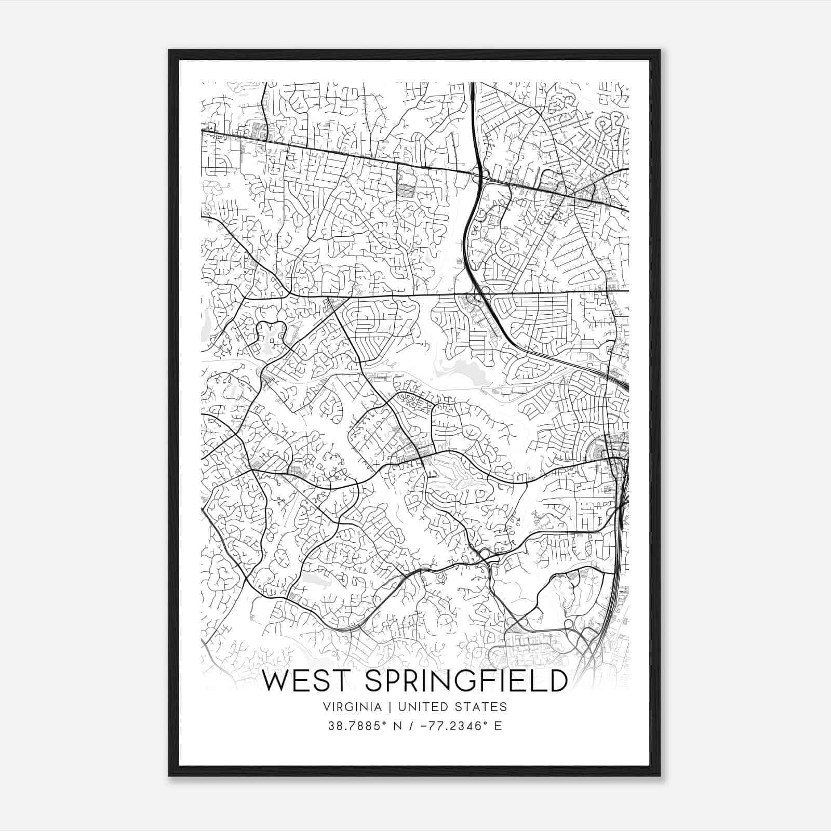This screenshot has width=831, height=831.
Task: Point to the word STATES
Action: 484,707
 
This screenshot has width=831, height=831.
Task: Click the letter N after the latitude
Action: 399,726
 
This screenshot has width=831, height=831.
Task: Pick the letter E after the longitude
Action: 498,726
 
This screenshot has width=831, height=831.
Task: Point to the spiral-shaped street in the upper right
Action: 604,125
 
